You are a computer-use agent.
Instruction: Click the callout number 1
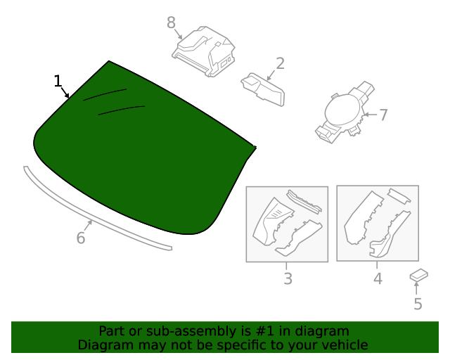coord(58,81)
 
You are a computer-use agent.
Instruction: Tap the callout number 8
coord(171,22)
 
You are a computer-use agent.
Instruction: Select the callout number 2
coord(280,64)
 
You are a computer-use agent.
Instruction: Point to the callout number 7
coord(383,115)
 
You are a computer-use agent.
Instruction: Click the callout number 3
coord(288,278)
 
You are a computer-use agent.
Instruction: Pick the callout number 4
coord(378,278)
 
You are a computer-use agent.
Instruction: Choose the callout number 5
coord(418,304)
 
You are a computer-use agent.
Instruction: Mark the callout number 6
coord(81,238)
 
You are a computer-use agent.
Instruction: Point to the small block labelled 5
coord(420,276)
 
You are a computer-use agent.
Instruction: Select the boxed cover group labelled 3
coord(287,224)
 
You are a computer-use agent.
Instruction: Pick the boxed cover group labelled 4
coord(378,223)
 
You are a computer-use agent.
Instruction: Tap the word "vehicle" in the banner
coord(344,345)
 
